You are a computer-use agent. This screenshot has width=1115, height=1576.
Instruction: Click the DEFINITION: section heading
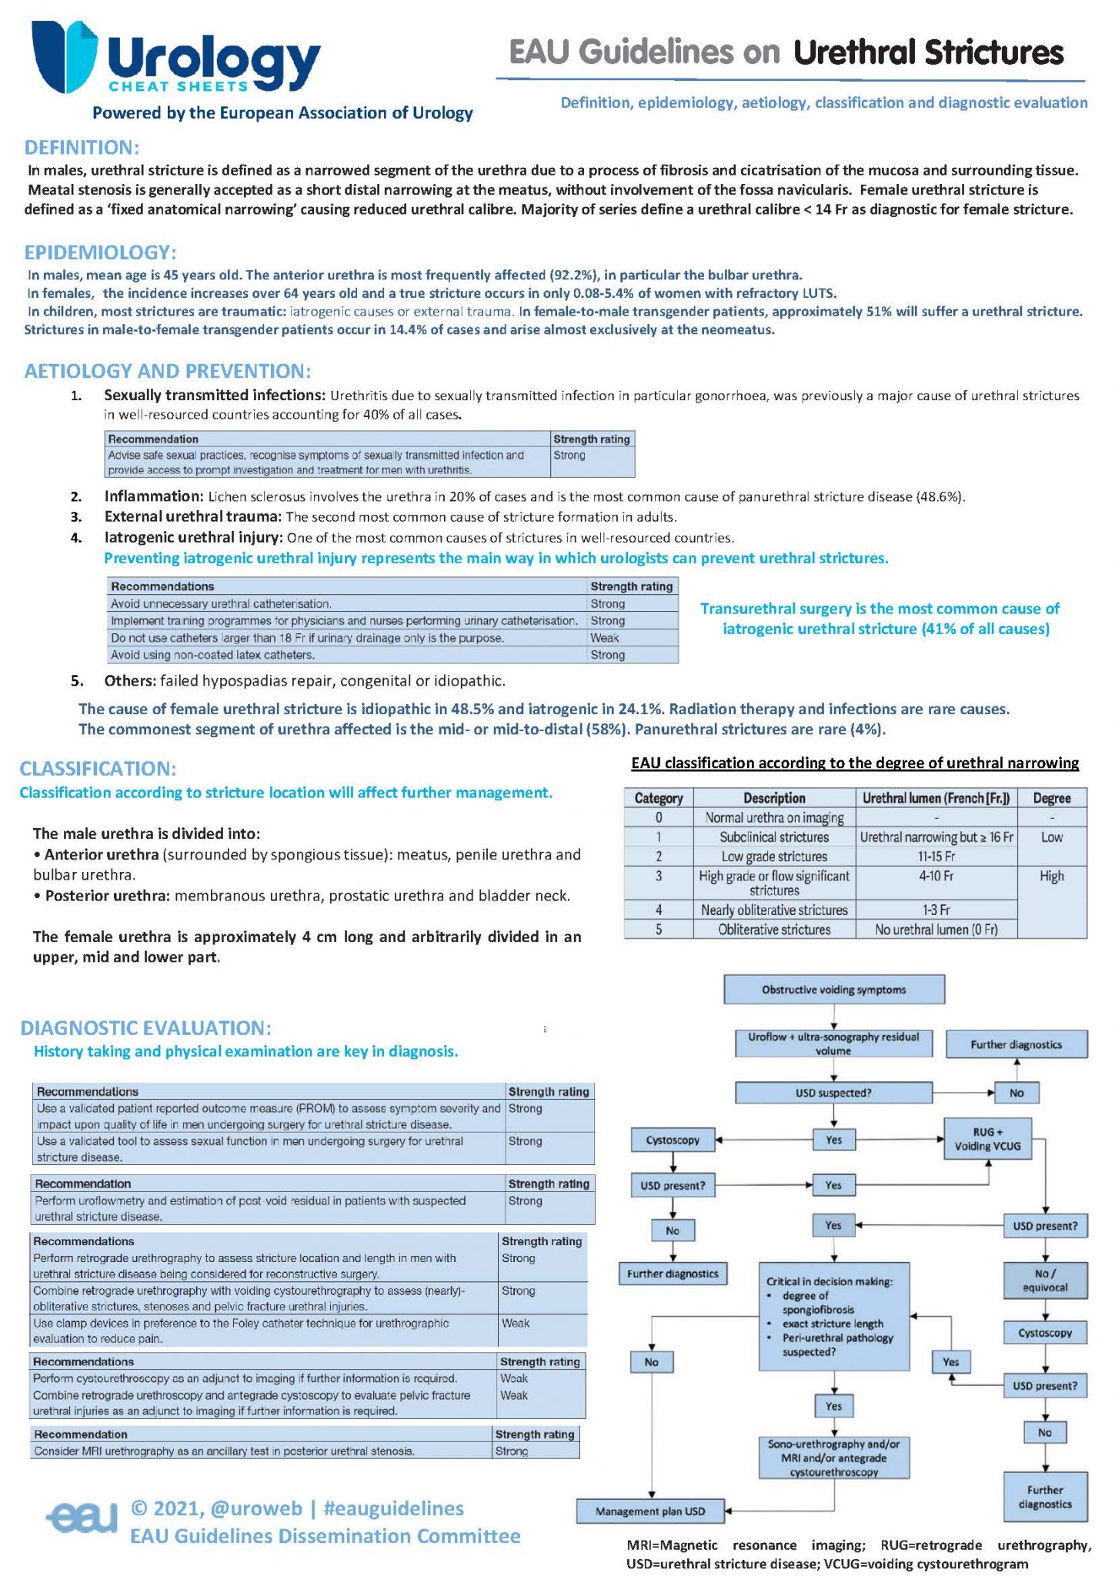(82, 147)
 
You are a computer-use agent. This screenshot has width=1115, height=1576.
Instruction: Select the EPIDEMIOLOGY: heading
(100, 252)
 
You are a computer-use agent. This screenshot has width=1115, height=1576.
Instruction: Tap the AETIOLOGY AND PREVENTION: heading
(167, 371)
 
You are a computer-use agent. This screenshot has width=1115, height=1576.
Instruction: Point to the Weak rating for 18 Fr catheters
(605, 638)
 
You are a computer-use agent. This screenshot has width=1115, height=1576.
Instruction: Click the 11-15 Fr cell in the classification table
(936, 856)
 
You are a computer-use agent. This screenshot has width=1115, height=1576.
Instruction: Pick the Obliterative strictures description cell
(774, 930)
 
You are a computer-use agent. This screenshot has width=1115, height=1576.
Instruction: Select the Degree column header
(1051, 798)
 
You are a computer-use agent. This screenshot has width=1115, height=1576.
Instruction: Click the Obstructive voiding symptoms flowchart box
(833, 990)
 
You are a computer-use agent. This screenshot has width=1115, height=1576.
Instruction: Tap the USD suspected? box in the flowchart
(833, 1093)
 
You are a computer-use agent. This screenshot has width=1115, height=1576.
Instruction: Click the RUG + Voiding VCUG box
(987, 1139)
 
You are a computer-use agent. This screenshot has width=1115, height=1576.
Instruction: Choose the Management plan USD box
(650, 1511)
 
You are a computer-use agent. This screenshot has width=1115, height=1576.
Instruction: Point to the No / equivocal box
(1045, 1281)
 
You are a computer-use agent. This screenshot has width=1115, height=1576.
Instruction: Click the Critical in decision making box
(833, 1316)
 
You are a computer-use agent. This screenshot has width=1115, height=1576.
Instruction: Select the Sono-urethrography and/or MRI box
(833, 1457)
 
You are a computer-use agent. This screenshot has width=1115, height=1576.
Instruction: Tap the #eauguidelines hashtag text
(393, 1508)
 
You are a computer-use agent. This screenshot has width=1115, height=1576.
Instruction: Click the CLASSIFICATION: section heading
(98, 769)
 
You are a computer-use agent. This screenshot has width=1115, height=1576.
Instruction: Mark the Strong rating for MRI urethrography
(512, 1451)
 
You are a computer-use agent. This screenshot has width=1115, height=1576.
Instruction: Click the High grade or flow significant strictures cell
(774, 883)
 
